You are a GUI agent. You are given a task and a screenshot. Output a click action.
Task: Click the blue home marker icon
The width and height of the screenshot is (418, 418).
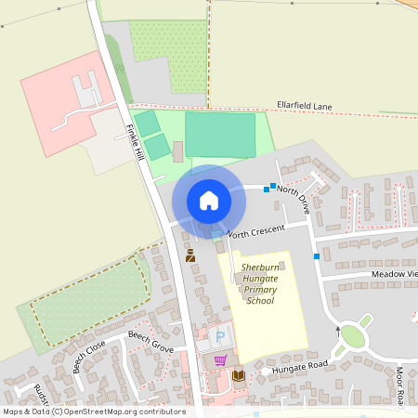click(x=208, y=200)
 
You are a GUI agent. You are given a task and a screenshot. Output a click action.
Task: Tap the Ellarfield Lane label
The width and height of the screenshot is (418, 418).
click(x=304, y=106)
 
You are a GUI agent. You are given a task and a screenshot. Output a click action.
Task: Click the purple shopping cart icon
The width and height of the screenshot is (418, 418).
click(x=220, y=360)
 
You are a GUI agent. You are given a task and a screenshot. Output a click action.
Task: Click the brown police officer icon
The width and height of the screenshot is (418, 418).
click(x=190, y=255)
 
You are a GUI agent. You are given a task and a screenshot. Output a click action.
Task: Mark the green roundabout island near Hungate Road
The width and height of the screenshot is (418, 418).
click(x=352, y=335)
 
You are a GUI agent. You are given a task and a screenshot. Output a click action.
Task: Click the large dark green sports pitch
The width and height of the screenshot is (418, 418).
click(x=220, y=135)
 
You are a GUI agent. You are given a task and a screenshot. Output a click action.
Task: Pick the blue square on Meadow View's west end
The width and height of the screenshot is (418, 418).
click(x=317, y=255)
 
